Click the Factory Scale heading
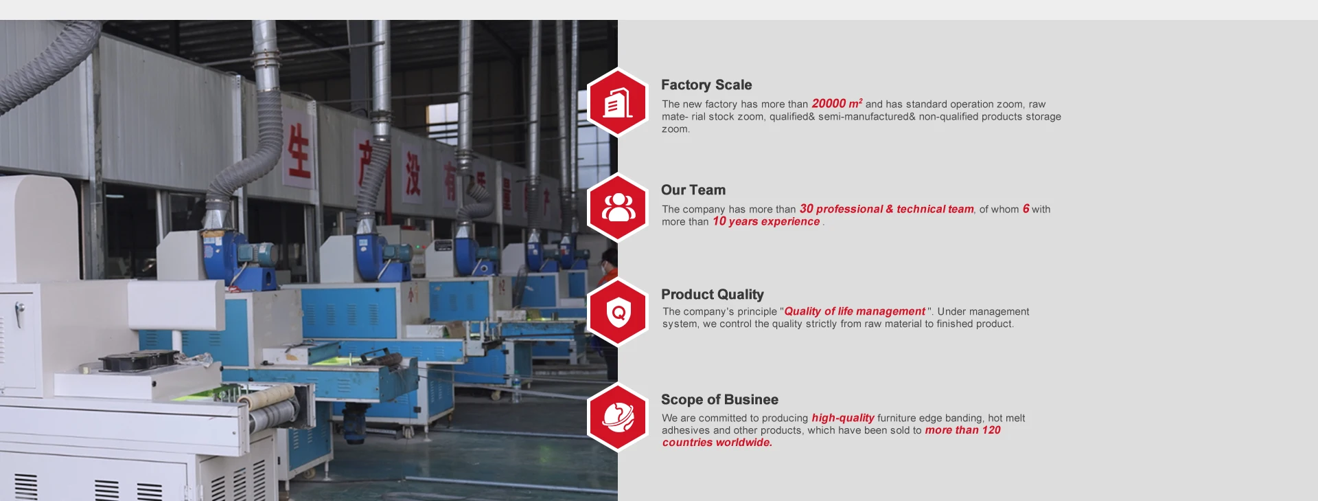pyautogui.click(x=706, y=85)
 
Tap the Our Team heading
pyautogui.click(x=693, y=190)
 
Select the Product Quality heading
pyautogui.click(x=713, y=295)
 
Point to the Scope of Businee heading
pyautogui.click(x=719, y=400)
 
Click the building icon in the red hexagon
pyautogui.click(x=618, y=104)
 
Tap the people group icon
pyautogui.click(x=618, y=208)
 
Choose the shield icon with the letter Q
pyautogui.click(x=618, y=313)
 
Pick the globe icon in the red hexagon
pyautogui.click(x=618, y=417)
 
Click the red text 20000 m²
pyautogui.click(x=837, y=104)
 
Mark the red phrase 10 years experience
pyautogui.click(x=766, y=221)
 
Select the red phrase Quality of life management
pyautogui.click(x=855, y=311)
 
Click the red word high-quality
pyautogui.click(x=843, y=418)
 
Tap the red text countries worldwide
pyautogui.click(x=717, y=443)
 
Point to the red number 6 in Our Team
pyautogui.click(x=1026, y=209)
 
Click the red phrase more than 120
pyautogui.click(x=963, y=430)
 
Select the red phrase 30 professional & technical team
pyautogui.click(x=887, y=209)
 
